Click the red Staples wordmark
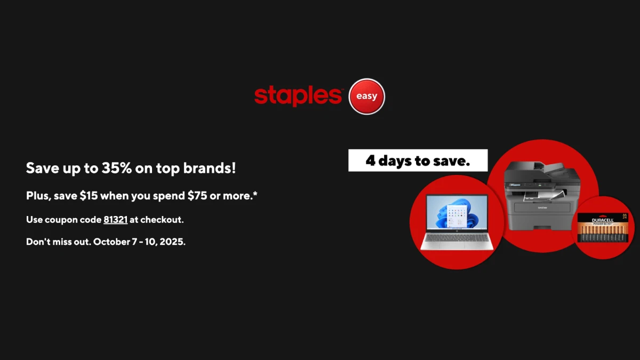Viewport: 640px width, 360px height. (x=298, y=96)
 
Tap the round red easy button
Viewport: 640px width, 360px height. (x=366, y=97)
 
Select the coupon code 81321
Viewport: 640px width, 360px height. (x=115, y=219)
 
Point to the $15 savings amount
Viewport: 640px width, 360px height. (x=89, y=196)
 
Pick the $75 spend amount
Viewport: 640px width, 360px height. (x=197, y=196)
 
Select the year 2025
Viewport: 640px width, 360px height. (x=172, y=242)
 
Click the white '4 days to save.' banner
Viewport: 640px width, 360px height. (x=418, y=161)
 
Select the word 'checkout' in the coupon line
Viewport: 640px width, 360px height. (x=160, y=219)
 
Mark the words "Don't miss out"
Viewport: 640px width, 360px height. (x=58, y=242)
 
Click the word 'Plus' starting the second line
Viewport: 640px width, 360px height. (x=36, y=196)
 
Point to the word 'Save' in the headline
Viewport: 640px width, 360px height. (x=41, y=169)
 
